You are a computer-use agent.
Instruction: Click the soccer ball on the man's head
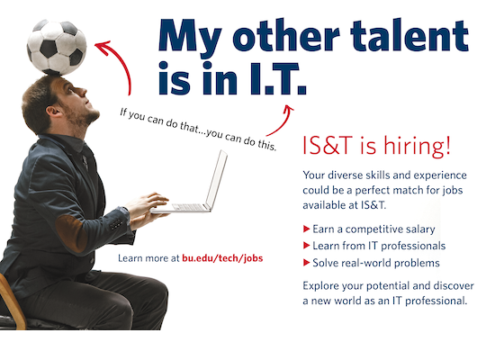(x=57, y=48)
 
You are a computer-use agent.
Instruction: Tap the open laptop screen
(x=217, y=179)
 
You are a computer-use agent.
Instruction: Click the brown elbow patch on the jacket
(x=71, y=232)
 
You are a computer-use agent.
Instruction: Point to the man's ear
(x=53, y=111)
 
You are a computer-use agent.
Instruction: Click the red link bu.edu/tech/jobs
(x=222, y=258)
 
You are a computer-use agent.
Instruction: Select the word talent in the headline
(x=409, y=35)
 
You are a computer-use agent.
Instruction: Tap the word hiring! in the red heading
(x=417, y=146)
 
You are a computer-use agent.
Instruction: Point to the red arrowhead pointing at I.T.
(x=288, y=109)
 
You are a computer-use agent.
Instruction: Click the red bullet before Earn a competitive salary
(x=306, y=229)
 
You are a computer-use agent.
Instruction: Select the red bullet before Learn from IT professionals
(x=306, y=246)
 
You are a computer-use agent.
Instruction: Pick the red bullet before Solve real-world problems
(x=306, y=262)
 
